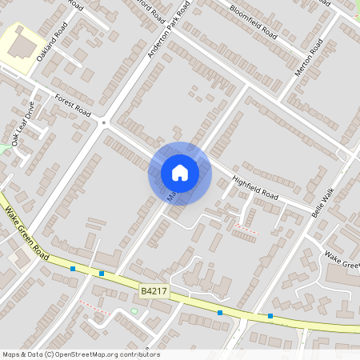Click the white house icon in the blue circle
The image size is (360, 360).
coord(180,173)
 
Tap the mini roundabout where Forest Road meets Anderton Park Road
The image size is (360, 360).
coord(103,122)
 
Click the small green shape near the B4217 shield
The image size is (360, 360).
coord(134,310)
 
